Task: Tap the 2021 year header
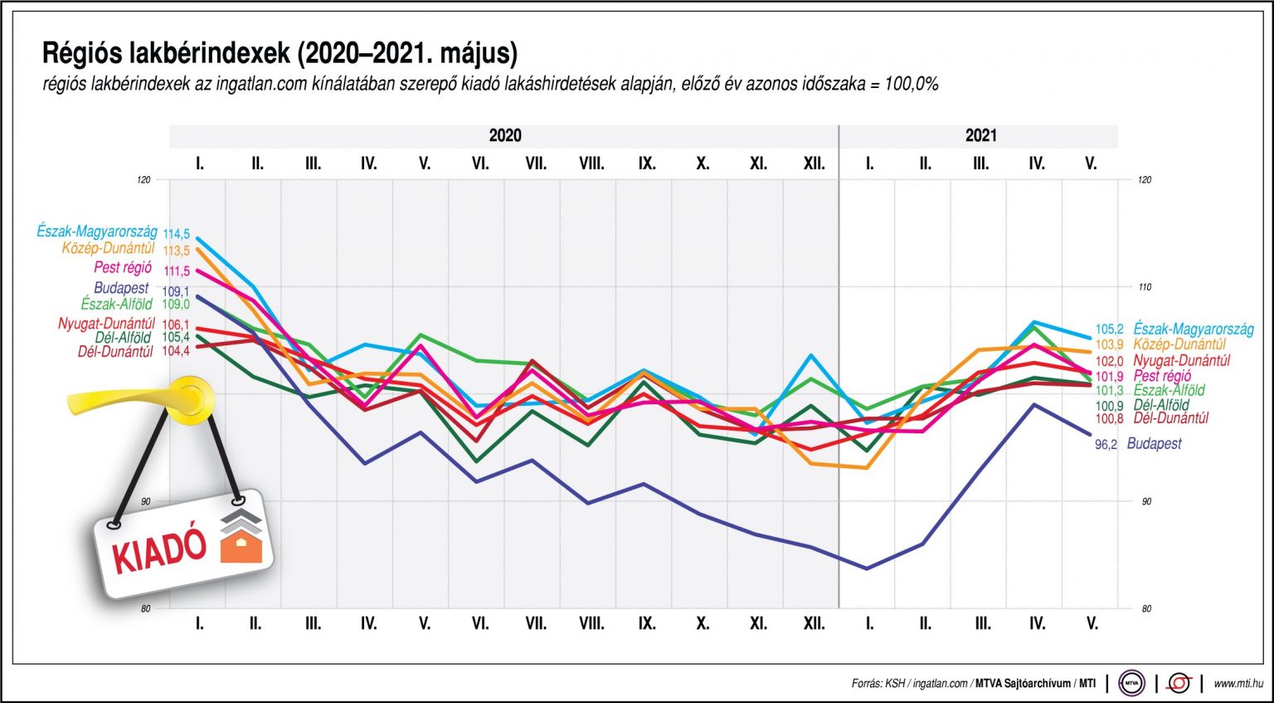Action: pos(980,136)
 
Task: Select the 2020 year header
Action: pos(504,136)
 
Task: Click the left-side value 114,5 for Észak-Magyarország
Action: pos(176,235)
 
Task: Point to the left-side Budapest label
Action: pos(121,288)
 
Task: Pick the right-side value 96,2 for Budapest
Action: pos(1106,445)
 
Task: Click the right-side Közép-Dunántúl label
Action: pos(1180,344)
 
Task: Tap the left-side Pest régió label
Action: pos(123,268)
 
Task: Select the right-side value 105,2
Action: pos(1109,330)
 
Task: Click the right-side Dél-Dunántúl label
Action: pos(1170,418)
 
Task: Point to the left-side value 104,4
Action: pos(176,351)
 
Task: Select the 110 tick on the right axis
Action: pos(1145,287)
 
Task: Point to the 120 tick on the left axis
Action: pos(145,179)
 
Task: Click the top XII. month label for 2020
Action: pos(814,164)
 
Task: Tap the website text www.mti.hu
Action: pos(1238,684)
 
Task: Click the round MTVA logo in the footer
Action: pos(1131,683)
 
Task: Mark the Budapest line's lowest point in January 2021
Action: pos(867,569)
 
